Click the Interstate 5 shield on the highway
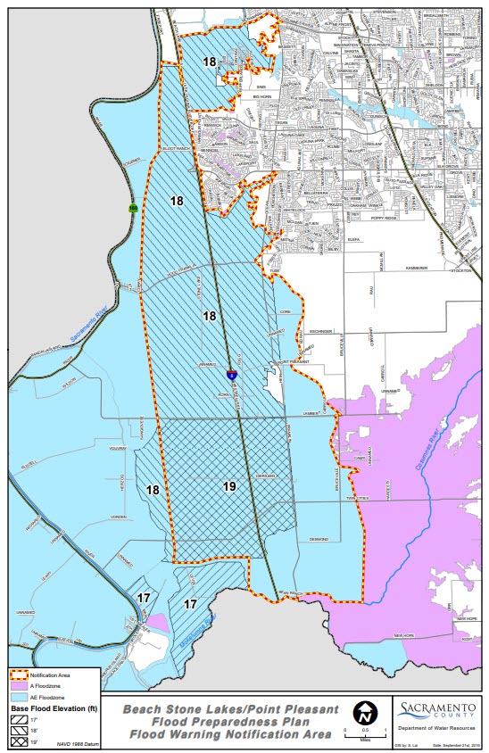[x=231, y=376]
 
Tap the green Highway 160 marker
[x=133, y=208]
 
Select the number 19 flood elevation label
[x=229, y=486]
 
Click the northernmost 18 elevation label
[x=209, y=62]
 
